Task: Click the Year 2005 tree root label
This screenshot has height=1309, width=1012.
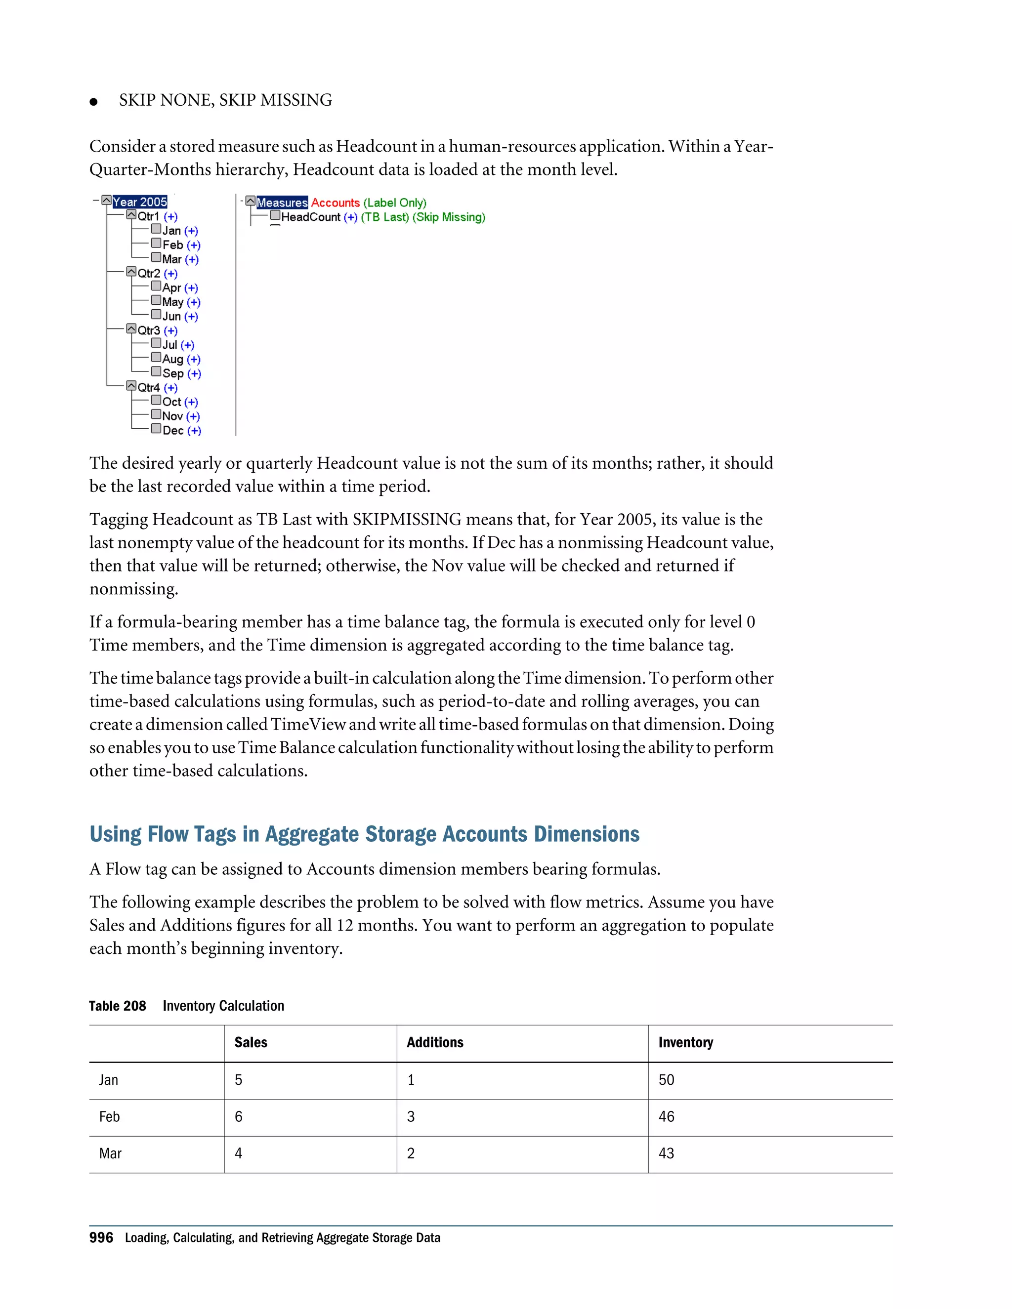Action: [140, 202]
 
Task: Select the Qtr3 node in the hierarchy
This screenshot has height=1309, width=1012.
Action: [149, 330]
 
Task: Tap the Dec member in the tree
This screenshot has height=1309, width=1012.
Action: [172, 430]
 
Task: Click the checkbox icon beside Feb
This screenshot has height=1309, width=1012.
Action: [156, 244]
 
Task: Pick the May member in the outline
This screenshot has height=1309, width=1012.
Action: [172, 302]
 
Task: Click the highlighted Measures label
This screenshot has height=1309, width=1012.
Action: [282, 203]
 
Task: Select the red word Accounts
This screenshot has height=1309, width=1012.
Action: [335, 203]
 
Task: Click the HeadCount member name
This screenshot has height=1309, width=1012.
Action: [310, 217]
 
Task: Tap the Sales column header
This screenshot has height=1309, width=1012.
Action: [251, 1042]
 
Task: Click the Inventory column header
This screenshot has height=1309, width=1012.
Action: [685, 1042]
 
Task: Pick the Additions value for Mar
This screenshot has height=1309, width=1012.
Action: [411, 1153]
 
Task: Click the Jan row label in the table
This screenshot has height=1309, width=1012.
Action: [109, 1080]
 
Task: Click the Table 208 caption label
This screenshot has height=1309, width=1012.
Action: [118, 1006]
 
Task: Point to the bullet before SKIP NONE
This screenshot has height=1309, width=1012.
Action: [93, 102]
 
